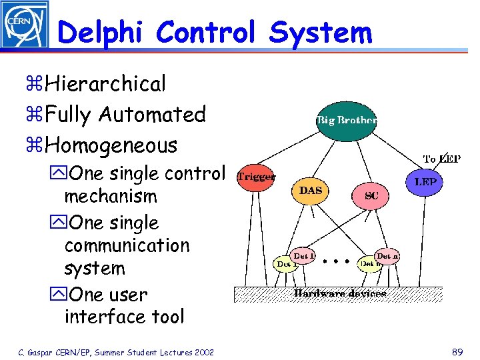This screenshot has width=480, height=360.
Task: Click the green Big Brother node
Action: pos(346,121)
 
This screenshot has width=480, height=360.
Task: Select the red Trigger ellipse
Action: pos(256,177)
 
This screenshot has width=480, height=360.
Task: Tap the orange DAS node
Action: pos(311,191)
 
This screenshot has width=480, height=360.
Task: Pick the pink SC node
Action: pos(371,195)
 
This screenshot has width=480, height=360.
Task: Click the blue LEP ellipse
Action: pos(425,181)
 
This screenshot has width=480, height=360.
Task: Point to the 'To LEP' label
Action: pos(442,159)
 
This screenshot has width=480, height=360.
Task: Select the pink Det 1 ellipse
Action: pos(304,255)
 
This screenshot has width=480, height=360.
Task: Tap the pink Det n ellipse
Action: pos(387,255)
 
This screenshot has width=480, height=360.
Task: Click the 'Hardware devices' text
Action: pos(340,293)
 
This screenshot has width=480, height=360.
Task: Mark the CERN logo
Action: pos(24,24)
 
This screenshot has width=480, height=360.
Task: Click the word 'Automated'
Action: pos(152,115)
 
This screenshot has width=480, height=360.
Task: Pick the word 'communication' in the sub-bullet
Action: pos(127,245)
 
